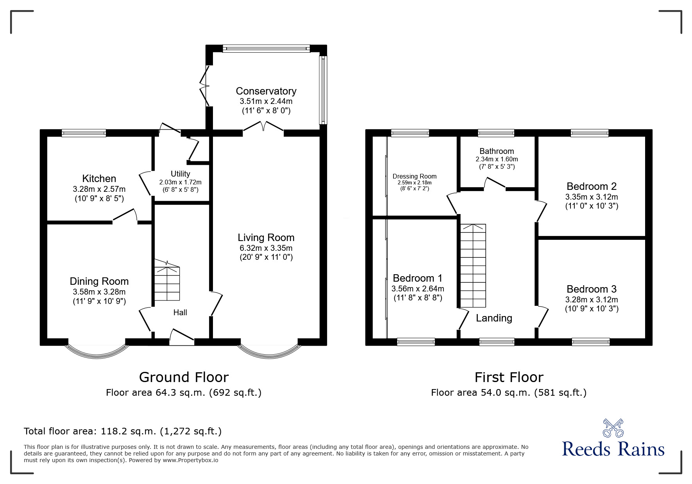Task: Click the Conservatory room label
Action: (266, 91)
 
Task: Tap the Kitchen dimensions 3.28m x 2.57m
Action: (99, 189)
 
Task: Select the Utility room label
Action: (180, 174)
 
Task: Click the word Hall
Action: (180, 313)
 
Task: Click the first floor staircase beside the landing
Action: (473, 266)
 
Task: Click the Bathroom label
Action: (497, 151)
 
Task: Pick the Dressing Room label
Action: (414, 176)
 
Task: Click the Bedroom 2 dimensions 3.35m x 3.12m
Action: (591, 197)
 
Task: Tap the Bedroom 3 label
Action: (591, 289)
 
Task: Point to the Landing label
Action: (494, 318)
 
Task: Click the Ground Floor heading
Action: (184, 377)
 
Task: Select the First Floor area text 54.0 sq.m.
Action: (508, 393)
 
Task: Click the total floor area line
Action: (123, 431)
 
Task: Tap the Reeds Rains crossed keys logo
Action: (613, 428)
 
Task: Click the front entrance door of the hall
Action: (182, 337)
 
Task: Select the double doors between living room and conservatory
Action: (263, 127)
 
